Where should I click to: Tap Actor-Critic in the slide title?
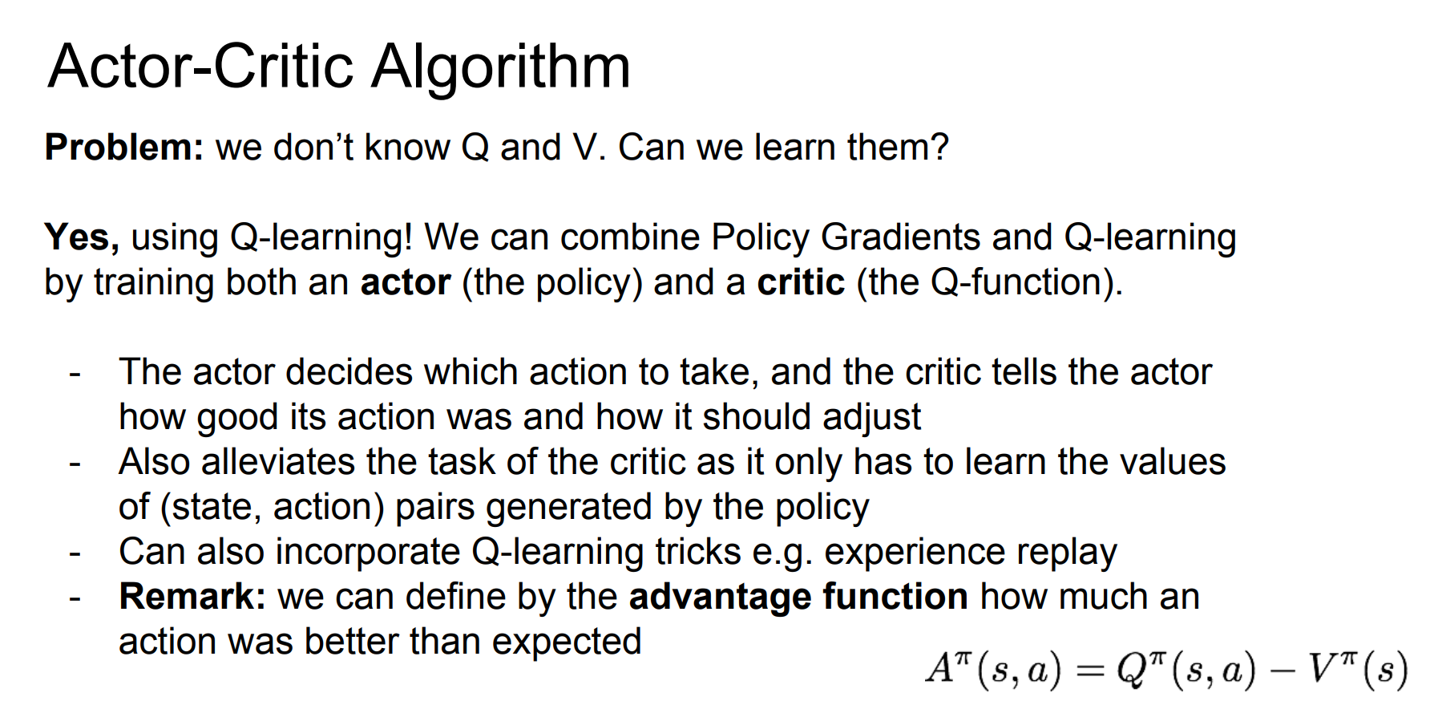pos(201,66)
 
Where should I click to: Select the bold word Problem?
pos(124,148)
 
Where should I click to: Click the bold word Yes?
pos(82,238)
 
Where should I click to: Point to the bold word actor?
pos(406,283)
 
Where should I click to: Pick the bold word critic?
pos(801,282)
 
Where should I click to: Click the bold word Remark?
pos(192,597)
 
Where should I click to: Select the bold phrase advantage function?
pos(798,597)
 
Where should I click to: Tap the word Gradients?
pos(900,237)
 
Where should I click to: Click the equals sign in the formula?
pos(1090,671)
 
